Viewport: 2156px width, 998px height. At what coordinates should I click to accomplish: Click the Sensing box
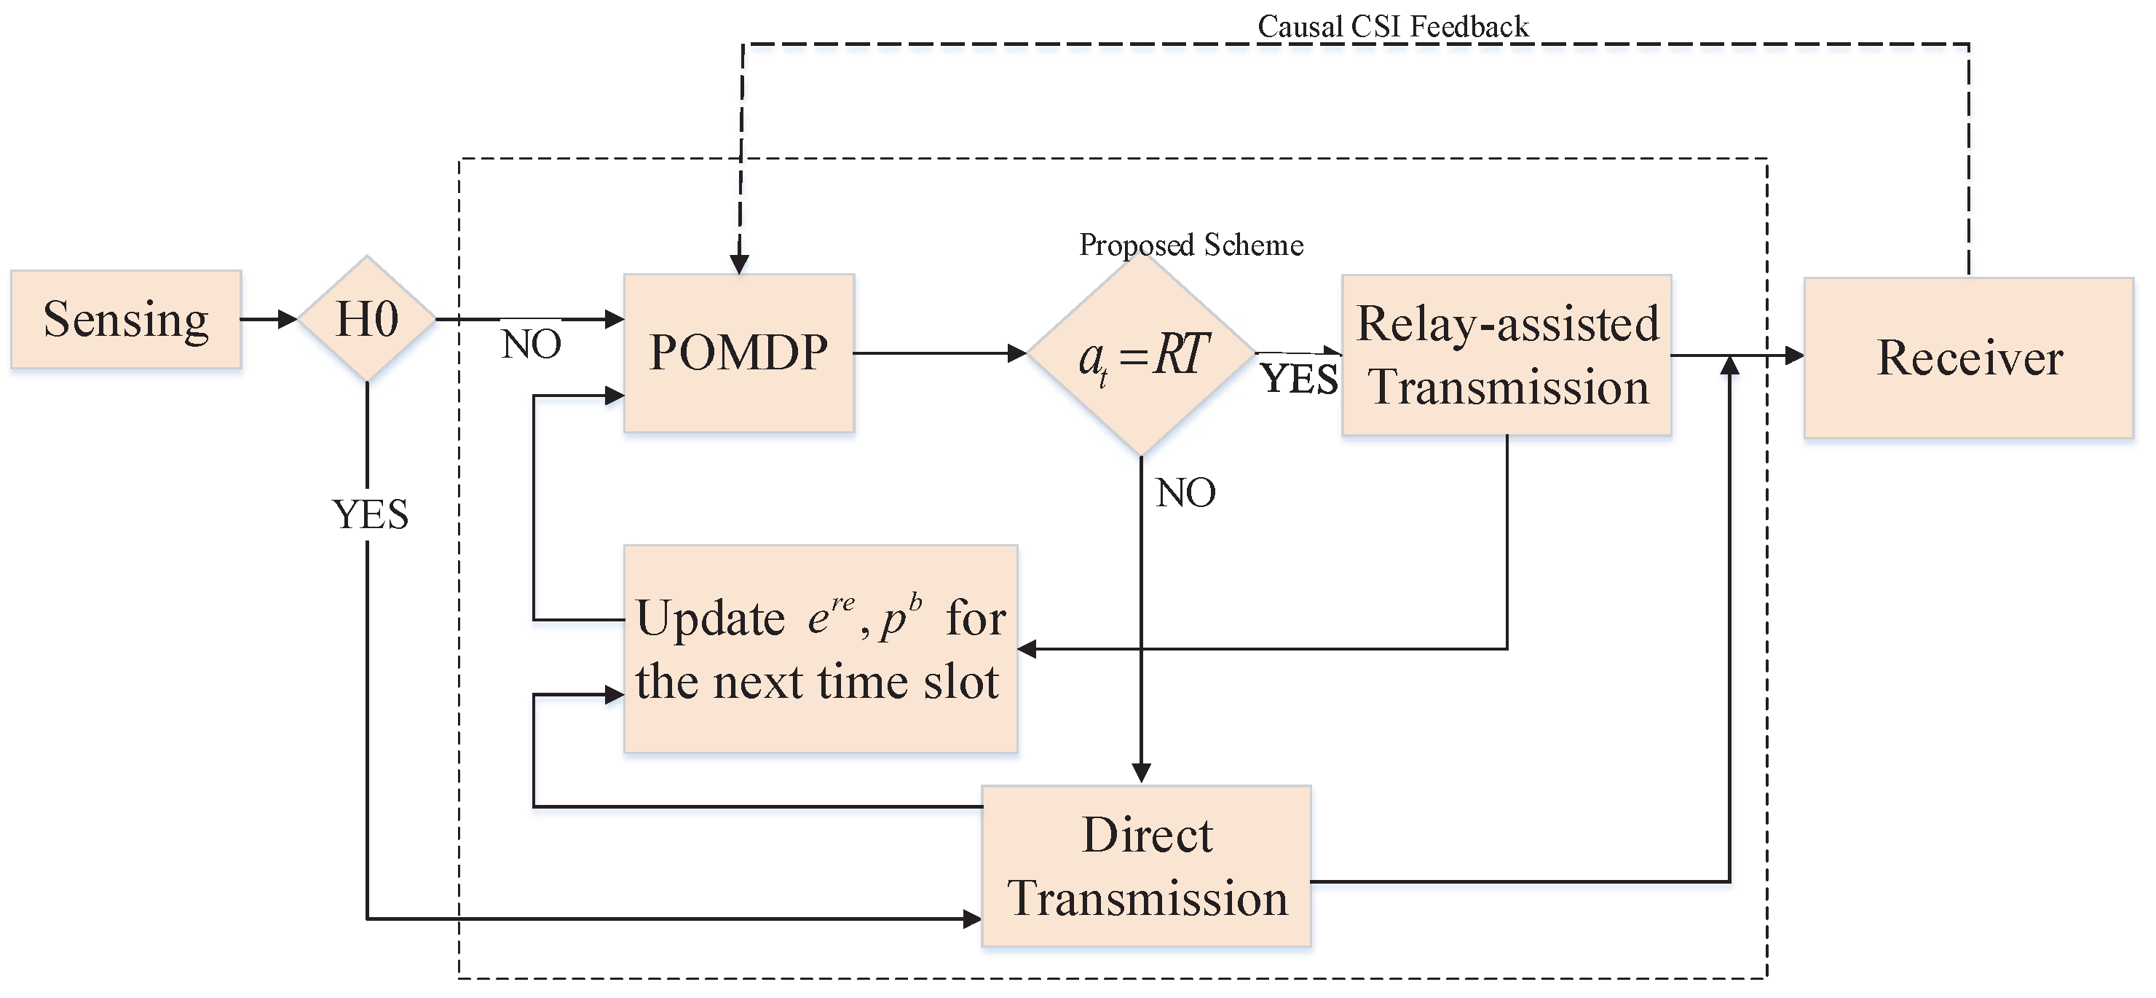click(x=125, y=319)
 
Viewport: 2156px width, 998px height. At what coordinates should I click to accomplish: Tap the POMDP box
click(x=738, y=353)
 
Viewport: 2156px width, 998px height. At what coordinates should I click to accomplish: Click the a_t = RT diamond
click(x=1142, y=355)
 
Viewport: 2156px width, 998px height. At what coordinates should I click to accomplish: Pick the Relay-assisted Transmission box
click(x=1507, y=355)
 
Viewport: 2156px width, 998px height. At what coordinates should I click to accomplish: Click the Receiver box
click(x=1969, y=358)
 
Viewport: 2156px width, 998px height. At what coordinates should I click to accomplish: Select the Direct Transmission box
click(x=1146, y=865)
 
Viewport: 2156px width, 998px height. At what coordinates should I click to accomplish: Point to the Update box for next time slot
click(x=820, y=649)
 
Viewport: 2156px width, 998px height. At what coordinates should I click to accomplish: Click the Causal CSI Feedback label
click(x=1393, y=27)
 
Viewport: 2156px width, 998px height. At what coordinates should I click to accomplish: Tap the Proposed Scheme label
click(x=1191, y=245)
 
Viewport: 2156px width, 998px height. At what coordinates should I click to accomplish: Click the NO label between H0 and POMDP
click(x=532, y=344)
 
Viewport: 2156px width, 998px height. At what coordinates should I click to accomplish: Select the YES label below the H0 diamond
click(x=370, y=514)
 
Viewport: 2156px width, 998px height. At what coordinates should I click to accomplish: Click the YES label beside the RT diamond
click(x=1299, y=378)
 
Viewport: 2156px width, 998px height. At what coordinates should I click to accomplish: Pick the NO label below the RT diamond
click(x=1185, y=493)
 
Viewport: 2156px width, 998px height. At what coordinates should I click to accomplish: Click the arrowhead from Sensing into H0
click(x=287, y=319)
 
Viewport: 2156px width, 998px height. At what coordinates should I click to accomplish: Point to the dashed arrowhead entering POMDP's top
click(x=739, y=264)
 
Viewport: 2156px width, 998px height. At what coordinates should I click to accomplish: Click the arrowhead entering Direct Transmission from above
click(x=1142, y=773)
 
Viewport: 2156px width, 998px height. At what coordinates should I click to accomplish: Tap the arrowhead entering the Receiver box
click(x=1793, y=355)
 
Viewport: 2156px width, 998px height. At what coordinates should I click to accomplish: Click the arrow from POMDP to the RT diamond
click(x=937, y=353)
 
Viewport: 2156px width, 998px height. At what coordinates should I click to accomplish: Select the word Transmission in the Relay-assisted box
click(x=1508, y=388)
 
